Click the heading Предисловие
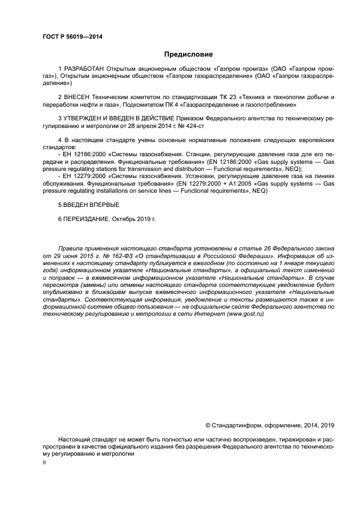pos(188,54)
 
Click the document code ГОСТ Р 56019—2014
pos(72,37)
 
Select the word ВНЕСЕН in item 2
pos(77,97)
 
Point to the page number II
pos(44,462)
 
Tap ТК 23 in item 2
pos(224,97)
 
